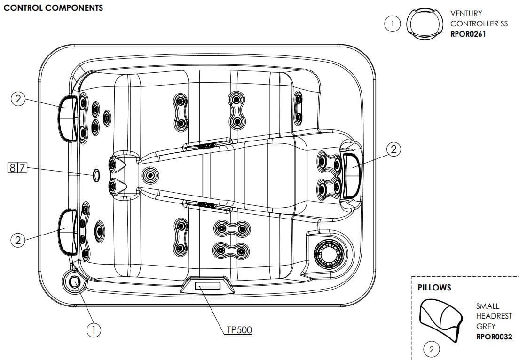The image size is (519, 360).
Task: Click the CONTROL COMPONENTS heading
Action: click(53, 9)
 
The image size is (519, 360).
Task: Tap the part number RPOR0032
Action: click(494, 337)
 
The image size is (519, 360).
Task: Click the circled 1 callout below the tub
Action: click(94, 330)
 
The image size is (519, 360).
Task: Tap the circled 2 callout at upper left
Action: click(18, 99)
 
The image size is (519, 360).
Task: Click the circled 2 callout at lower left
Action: click(18, 240)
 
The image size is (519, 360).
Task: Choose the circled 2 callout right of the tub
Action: click(394, 149)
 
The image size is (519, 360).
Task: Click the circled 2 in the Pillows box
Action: click(432, 349)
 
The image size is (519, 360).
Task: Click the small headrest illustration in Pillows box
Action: click(440, 319)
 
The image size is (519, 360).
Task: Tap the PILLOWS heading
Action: click(434, 287)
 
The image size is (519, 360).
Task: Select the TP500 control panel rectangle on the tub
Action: click(207, 285)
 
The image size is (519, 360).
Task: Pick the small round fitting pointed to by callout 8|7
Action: click(95, 175)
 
